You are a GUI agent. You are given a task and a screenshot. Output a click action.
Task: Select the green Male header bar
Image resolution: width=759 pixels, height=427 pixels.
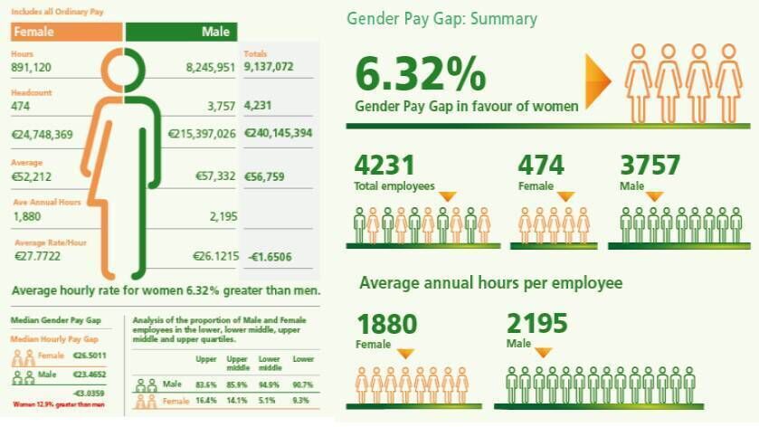click(x=181, y=33)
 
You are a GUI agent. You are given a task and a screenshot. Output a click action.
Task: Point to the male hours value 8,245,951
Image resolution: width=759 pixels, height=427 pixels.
click(x=210, y=66)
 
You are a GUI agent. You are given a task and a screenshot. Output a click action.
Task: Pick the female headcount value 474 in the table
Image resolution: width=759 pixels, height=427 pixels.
click(x=21, y=107)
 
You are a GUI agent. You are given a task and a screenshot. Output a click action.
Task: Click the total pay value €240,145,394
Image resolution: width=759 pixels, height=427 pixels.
click(x=279, y=133)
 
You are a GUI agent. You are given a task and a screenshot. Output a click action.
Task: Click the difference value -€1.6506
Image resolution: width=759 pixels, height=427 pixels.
click(x=269, y=258)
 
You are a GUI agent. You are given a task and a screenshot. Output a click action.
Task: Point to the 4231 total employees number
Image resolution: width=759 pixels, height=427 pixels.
click(x=384, y=166)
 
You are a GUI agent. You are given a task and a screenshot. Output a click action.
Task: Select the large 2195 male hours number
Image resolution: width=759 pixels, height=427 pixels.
click(x=538, y=324)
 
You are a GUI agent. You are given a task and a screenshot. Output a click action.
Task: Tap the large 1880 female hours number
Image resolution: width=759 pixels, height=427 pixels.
click(x=387, y=324)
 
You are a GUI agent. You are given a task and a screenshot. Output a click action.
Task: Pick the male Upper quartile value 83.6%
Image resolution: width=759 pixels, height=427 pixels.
click(x=206, y=384)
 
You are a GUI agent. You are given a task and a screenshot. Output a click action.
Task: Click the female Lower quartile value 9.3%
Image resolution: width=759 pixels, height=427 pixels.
click(x=301, y=399)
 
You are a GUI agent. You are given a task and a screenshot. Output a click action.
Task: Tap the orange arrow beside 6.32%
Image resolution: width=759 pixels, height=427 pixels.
click(x=599, y=75)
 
